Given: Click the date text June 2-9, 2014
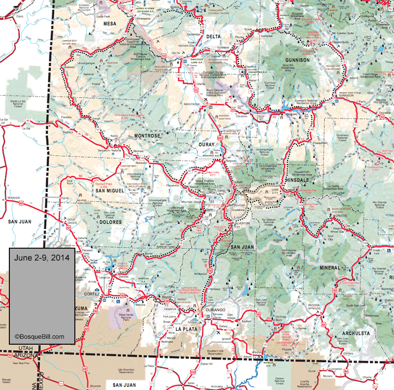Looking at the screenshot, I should tap(42, 258).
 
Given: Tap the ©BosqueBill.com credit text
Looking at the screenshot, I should tap(39, 337).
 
